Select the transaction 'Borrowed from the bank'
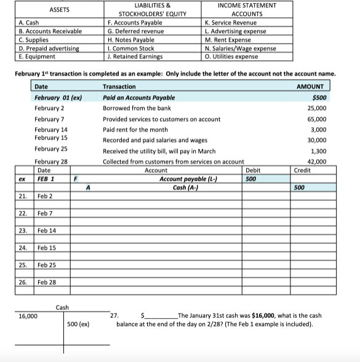(137, 108)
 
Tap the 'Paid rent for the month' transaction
(135, 130)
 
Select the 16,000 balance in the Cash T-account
(28, 316)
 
